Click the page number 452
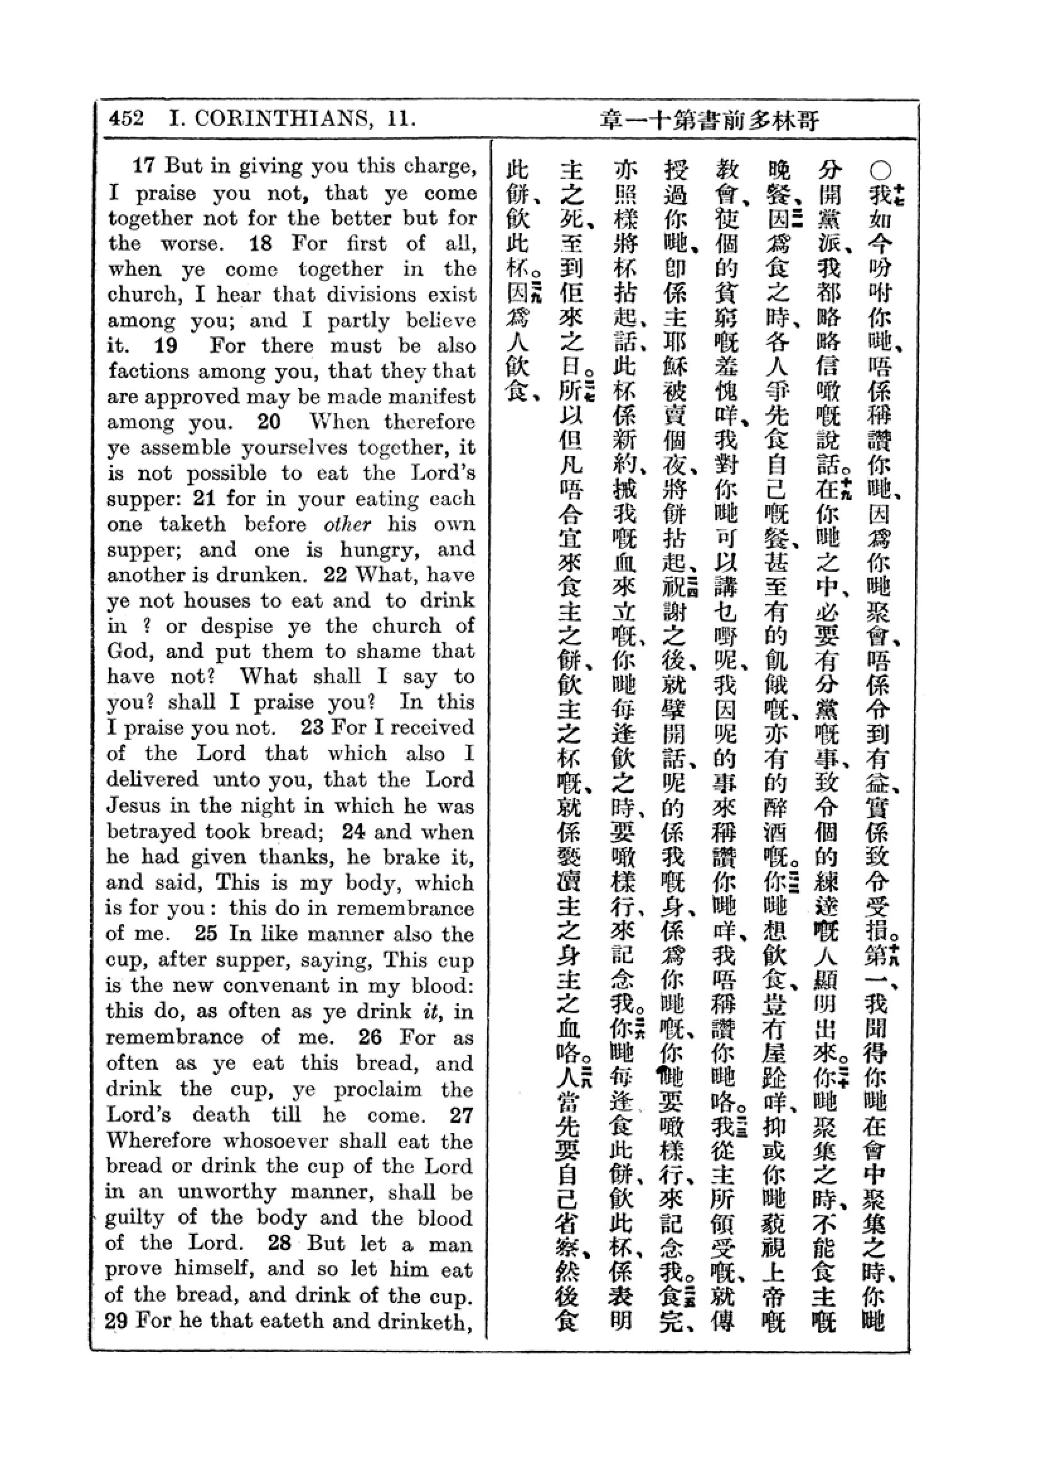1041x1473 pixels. (127, 118)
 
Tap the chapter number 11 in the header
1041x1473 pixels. (401, 118)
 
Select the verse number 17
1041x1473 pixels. (144, 166)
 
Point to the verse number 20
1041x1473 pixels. (270, 422)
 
